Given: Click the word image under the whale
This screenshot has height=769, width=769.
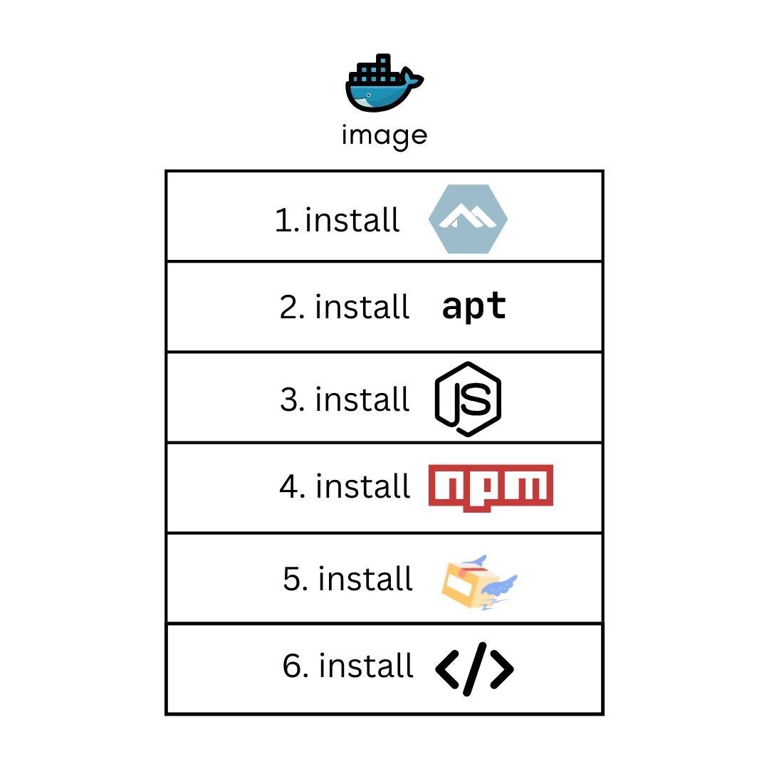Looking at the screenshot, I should (x=384, y=135).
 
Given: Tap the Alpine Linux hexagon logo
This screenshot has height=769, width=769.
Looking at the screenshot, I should (x=468, y=219).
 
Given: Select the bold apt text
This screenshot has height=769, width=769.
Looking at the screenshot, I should (x=474, y=307).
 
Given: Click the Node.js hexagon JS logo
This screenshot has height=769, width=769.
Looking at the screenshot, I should (x=468, y=399).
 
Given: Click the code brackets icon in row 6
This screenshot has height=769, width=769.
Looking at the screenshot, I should (x=474, y=669).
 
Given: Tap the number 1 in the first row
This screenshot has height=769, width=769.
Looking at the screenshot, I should (x=283, y=221).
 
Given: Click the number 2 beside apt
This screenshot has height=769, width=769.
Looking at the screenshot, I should (x=290, y=308).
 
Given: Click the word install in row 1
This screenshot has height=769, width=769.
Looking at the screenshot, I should (x=352, y=219).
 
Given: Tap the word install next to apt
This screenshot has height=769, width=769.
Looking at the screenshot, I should (x=362, y=307).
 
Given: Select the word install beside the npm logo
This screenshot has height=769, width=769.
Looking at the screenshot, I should (x=363, y=486).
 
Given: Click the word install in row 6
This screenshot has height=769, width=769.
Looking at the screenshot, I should (x=366, y=666).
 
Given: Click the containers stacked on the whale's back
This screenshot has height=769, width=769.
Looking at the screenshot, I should (x=376, y=70).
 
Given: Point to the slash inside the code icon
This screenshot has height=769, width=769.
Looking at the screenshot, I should (x=474, y=669).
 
